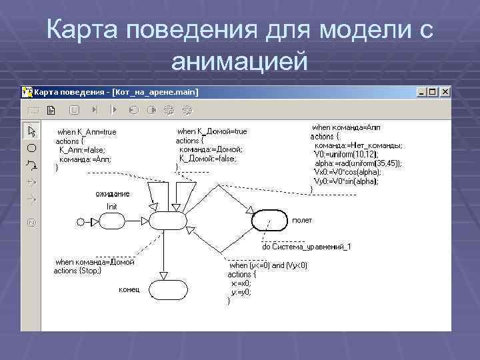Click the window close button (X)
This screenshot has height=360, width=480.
(444, 92)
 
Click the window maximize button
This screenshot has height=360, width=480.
(433, 92)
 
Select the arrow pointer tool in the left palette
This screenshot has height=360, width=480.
(31, 129)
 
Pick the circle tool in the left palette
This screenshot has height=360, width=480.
(31, 147)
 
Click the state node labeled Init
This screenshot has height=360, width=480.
(167, 220)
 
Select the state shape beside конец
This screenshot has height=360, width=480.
(167, 290)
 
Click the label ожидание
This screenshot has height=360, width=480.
(112, 194)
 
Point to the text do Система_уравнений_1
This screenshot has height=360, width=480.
(306, 247)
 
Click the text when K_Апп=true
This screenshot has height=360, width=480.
(87, 132)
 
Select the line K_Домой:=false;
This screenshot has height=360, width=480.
(207, 159)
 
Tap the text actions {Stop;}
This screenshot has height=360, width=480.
(77, 271)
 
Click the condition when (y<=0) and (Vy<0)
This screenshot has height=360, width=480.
(268, 265)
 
